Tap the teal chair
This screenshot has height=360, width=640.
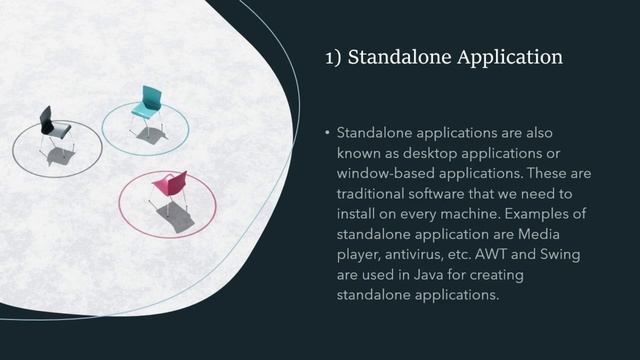pyautogui.click(x=148, y=108)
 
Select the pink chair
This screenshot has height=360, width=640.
pyautogui.click(x=169, y=189)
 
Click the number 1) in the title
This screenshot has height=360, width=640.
pyautogui.click(x=335, y=58)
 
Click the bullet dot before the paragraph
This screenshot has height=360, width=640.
pyautogui.click(x=327, y=132)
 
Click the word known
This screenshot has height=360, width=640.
pyautogui.click(x=360, y=152)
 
